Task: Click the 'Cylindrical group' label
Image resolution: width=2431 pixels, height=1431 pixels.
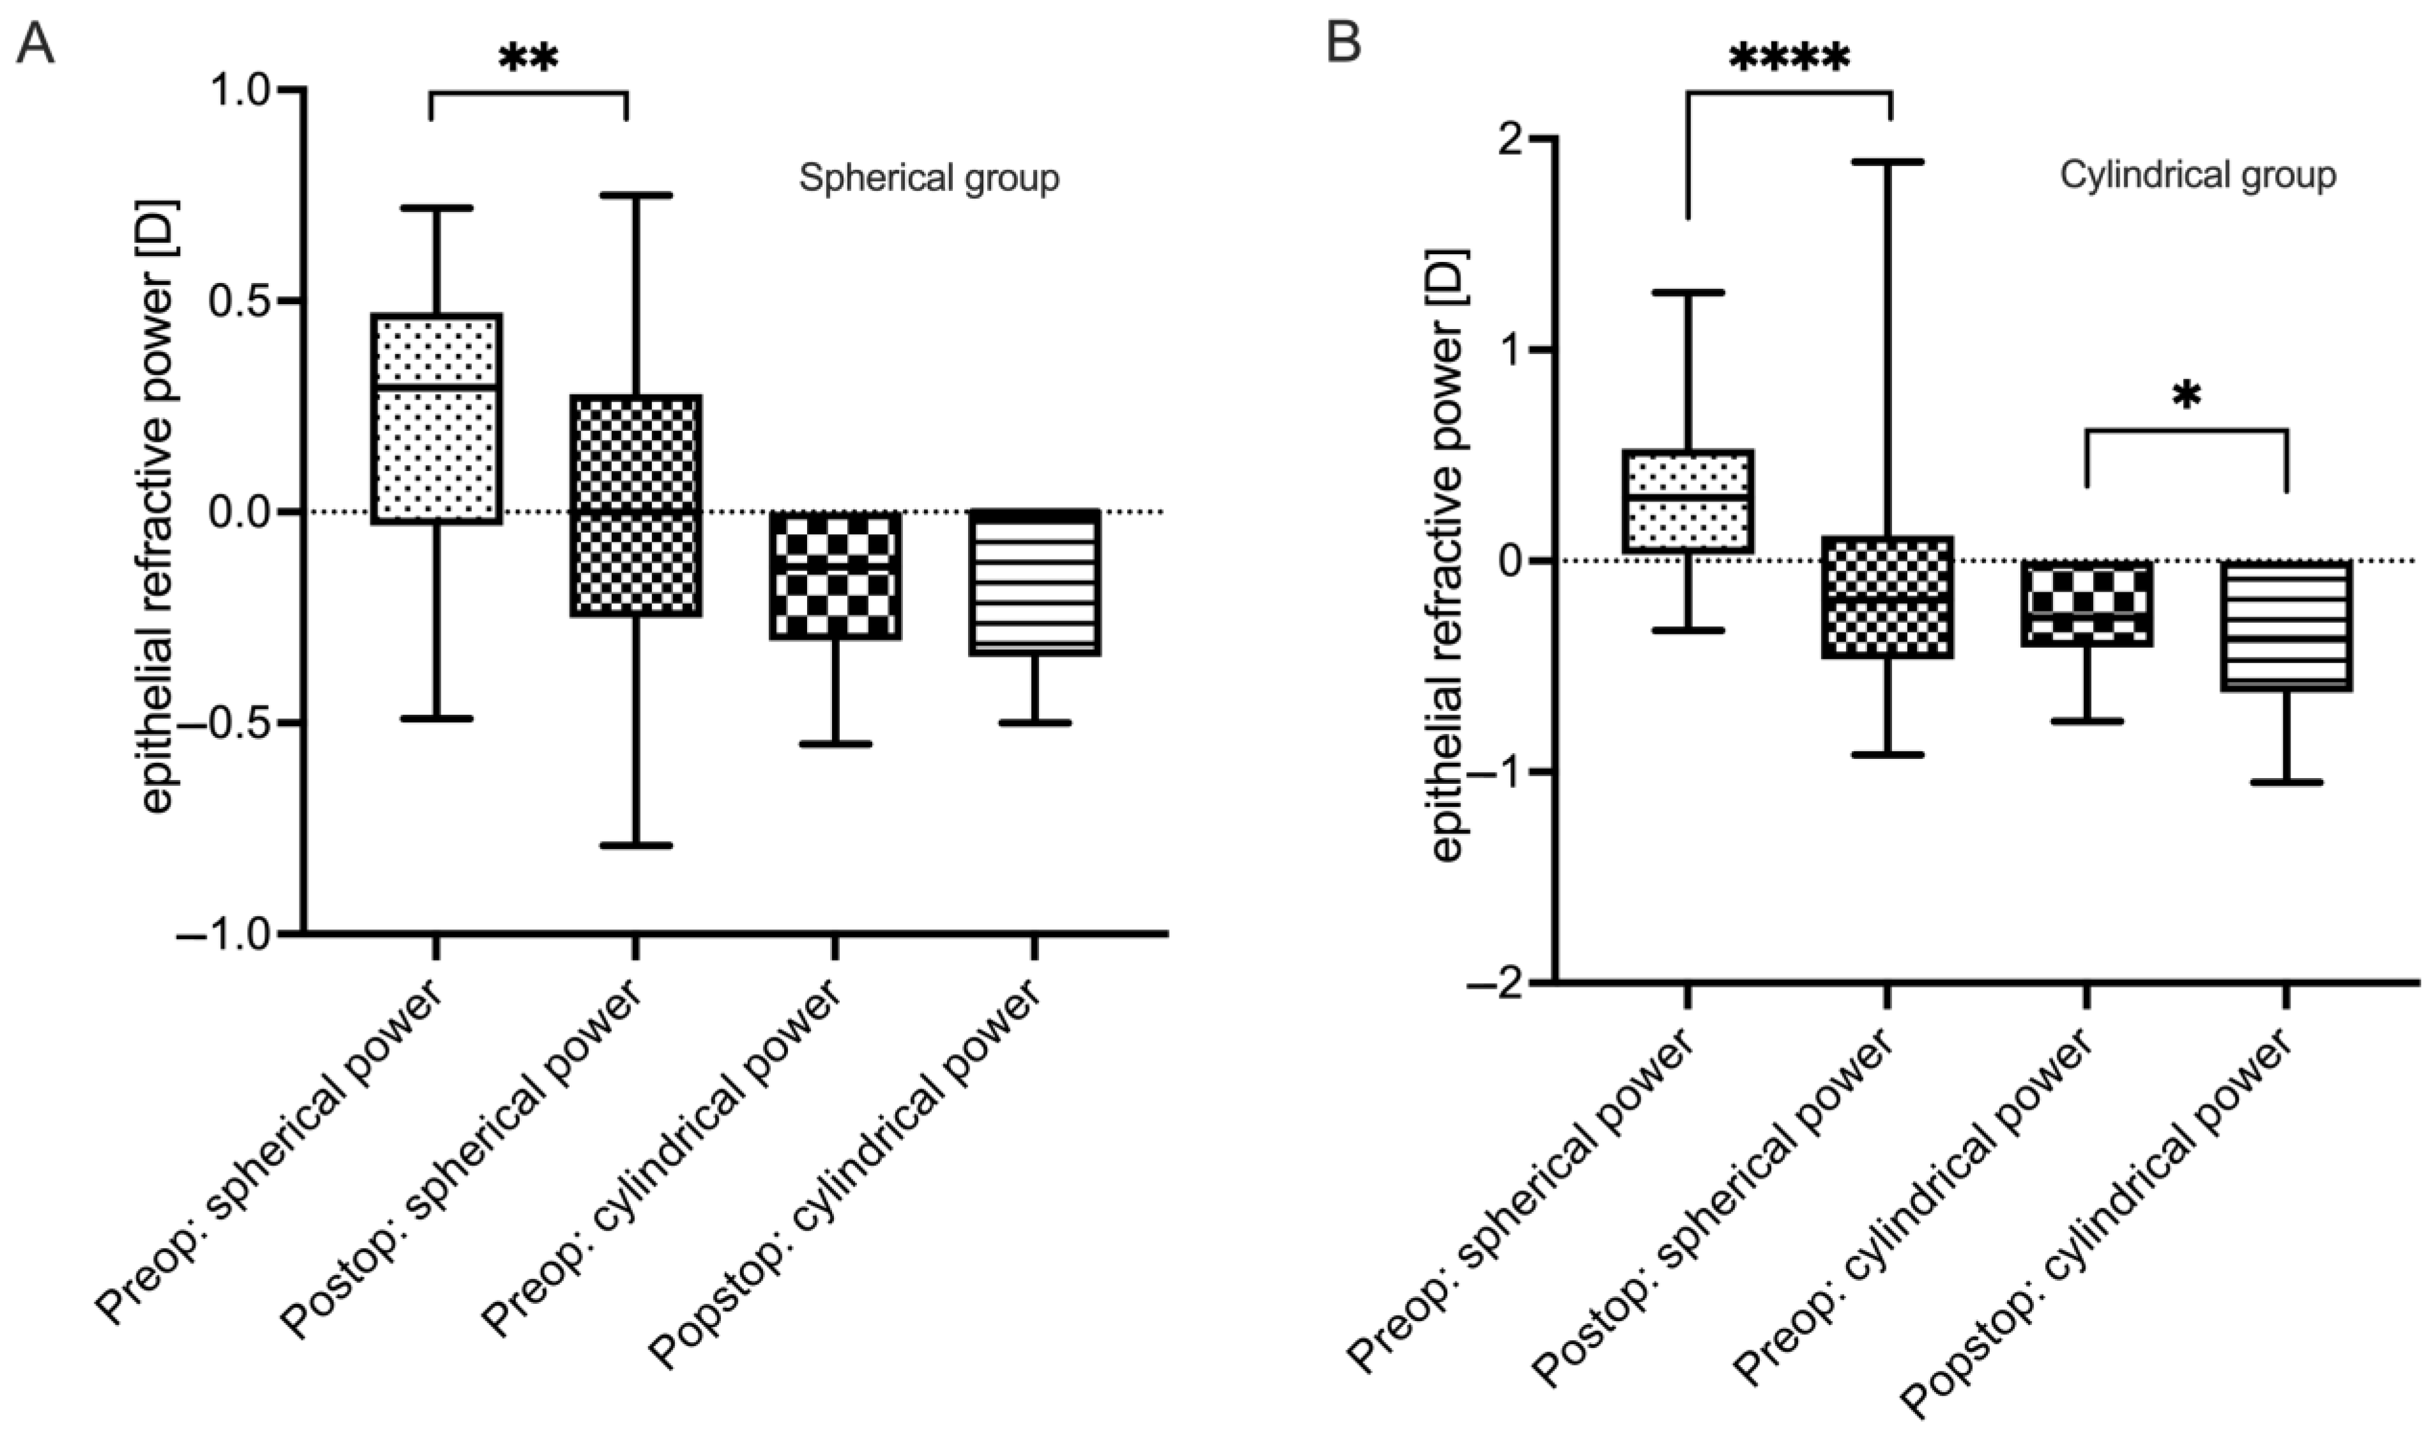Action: [x=2197, y=176]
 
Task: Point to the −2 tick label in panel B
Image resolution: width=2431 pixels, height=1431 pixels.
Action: [x=1488, y=983]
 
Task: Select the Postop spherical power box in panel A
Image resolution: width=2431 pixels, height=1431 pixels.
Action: [x=636, y=505]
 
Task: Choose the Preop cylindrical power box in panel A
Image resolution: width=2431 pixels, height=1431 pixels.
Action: [x=835, y=575]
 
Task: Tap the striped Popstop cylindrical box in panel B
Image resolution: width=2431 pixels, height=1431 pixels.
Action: [x=2285, y=625]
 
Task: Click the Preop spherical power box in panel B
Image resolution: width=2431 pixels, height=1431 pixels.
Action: [x=1688, y=501]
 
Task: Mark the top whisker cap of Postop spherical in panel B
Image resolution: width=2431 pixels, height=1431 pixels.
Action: [x=1888, y=162]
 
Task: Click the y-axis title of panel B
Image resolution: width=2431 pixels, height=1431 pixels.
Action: [x=1447, y=555]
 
